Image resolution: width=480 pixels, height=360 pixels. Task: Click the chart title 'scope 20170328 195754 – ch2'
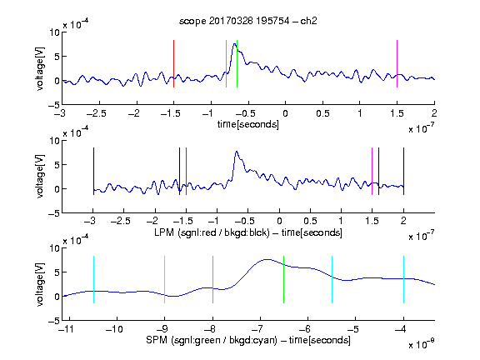pyautogui.click(x=248, y=21)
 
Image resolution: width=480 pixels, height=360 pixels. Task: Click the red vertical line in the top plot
pyautogui.click(x=173, y=63)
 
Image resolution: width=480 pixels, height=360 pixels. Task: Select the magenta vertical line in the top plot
pyautogui.click(x=397, y=63)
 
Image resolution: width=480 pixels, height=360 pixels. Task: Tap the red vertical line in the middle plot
pyautogui.click(x=186, y=171)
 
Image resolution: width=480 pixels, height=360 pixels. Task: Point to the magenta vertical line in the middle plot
pyautogui.click(x=372, y=171)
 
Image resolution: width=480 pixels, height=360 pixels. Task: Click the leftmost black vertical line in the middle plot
pyautogui.click(x=93, y=171)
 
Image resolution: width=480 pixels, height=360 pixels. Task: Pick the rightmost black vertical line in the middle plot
pyautogui.click(x=403, y=171)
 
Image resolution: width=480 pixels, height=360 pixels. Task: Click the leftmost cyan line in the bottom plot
pyautogui.click(x=93, y=279)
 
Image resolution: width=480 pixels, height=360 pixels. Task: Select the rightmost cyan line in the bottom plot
pyautogui.click(x=403, y=279)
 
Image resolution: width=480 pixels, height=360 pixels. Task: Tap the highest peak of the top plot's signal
pyautogui.click(x=234, y=44)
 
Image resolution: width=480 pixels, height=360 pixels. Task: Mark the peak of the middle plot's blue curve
pyautogui.click(x=237, y=151)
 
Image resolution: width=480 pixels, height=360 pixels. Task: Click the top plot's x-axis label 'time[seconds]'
pyautogui.click(x=248, y=124)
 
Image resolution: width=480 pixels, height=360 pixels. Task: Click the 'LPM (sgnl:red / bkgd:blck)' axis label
pyautogui.click(x=212, y=232)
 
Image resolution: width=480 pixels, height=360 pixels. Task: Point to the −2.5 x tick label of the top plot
pyautogui.click(x=97, y=113)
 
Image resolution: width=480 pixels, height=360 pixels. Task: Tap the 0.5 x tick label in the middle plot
pyautogui.click(x=310, y=221)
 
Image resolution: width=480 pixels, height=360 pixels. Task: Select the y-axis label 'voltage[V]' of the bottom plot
pyautogui.click(x=40, y=284)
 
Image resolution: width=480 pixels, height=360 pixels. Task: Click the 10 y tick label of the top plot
pyautogui.click(x=54, y=32)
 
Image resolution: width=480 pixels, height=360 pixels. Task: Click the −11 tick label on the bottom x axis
pyautogui.click(x=67, y=329)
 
